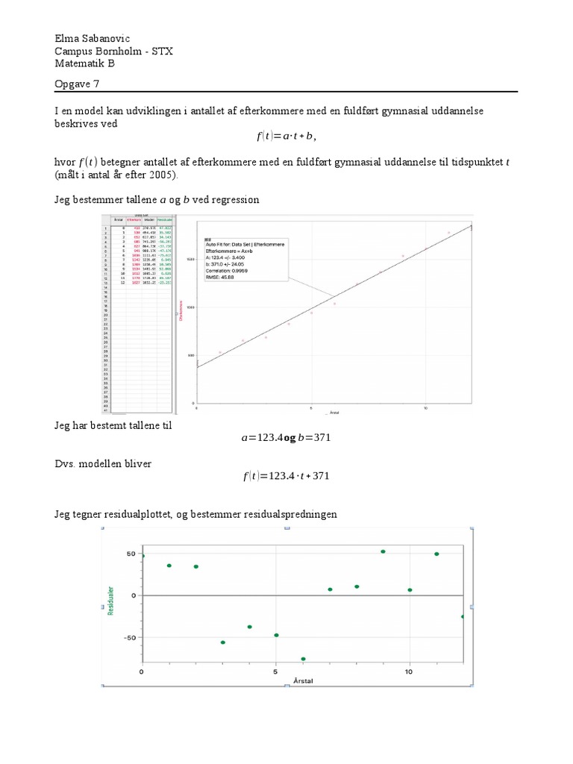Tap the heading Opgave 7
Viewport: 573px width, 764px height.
tap(77, 84)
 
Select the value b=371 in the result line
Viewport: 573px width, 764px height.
tap(314, 438)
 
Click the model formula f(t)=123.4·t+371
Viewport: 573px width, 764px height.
tap(286, 476)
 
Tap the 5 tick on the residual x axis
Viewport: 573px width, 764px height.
tap(275, 672)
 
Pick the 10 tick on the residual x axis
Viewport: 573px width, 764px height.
tap(409, 672)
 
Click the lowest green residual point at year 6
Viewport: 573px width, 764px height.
tap(303, 659)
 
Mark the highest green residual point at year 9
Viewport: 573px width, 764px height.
tap(383, 551)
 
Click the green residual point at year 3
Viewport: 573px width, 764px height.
tap(222, 642)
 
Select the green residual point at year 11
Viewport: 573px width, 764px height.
tap(436, 554)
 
